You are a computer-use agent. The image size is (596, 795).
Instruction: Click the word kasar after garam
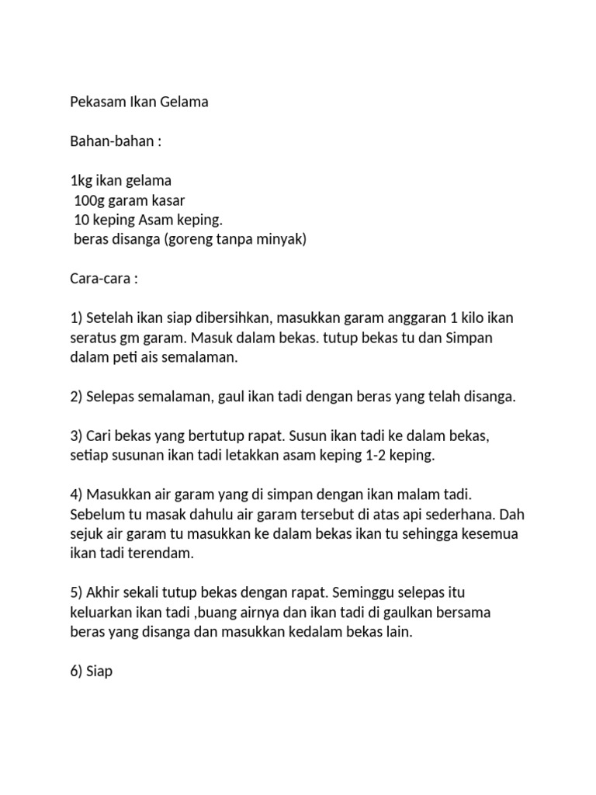(x=167, y=201)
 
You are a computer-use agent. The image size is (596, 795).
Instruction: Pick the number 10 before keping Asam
(x=81, y=220)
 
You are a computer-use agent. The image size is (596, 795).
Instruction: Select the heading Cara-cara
(x=101, y=279)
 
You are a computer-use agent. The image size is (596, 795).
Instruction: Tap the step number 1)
(x=76, y=319)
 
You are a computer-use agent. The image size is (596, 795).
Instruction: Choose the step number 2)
(x=76, y=397)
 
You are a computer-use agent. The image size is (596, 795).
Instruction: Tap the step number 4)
(x=76, y=495)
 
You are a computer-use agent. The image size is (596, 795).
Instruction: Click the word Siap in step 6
(x=99, y=672)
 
